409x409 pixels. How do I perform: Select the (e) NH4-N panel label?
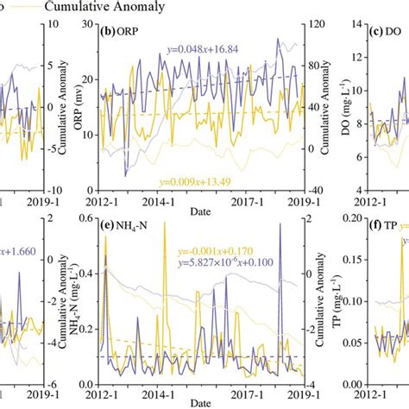(129, 229)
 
